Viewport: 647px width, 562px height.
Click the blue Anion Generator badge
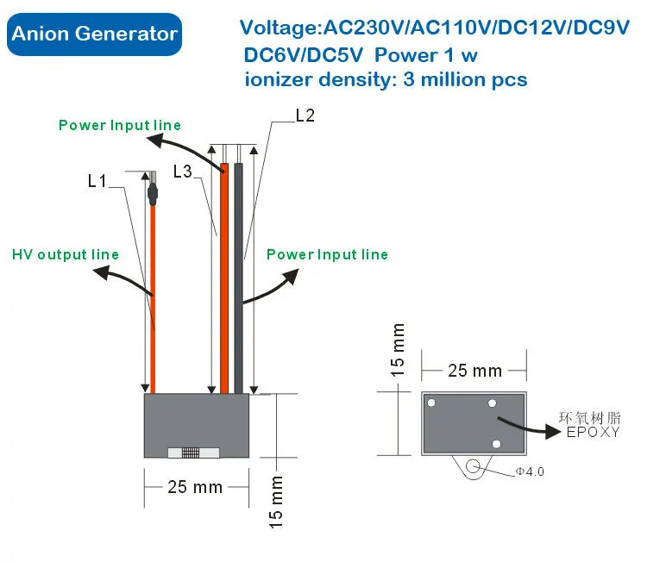tap(95, 34)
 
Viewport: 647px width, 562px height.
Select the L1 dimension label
tap(97, 182)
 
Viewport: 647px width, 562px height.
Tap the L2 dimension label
tap(305, 115)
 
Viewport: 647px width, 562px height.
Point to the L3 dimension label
tap(182, 171)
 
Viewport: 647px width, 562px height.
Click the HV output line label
tap(66, 254)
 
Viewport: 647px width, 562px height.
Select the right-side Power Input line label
tap(327, 254)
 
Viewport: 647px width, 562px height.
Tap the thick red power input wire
tap(224, 276)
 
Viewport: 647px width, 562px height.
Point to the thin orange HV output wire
tap(154, 293)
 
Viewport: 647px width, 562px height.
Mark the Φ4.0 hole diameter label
tap(530, 471)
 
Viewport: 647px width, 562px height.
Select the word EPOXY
tap(592, 433)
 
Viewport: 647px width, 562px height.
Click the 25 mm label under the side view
tap(195, 487)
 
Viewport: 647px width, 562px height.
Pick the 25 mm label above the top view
tap(474, 371)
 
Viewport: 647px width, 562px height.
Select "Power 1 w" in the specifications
tap(426, 56)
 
